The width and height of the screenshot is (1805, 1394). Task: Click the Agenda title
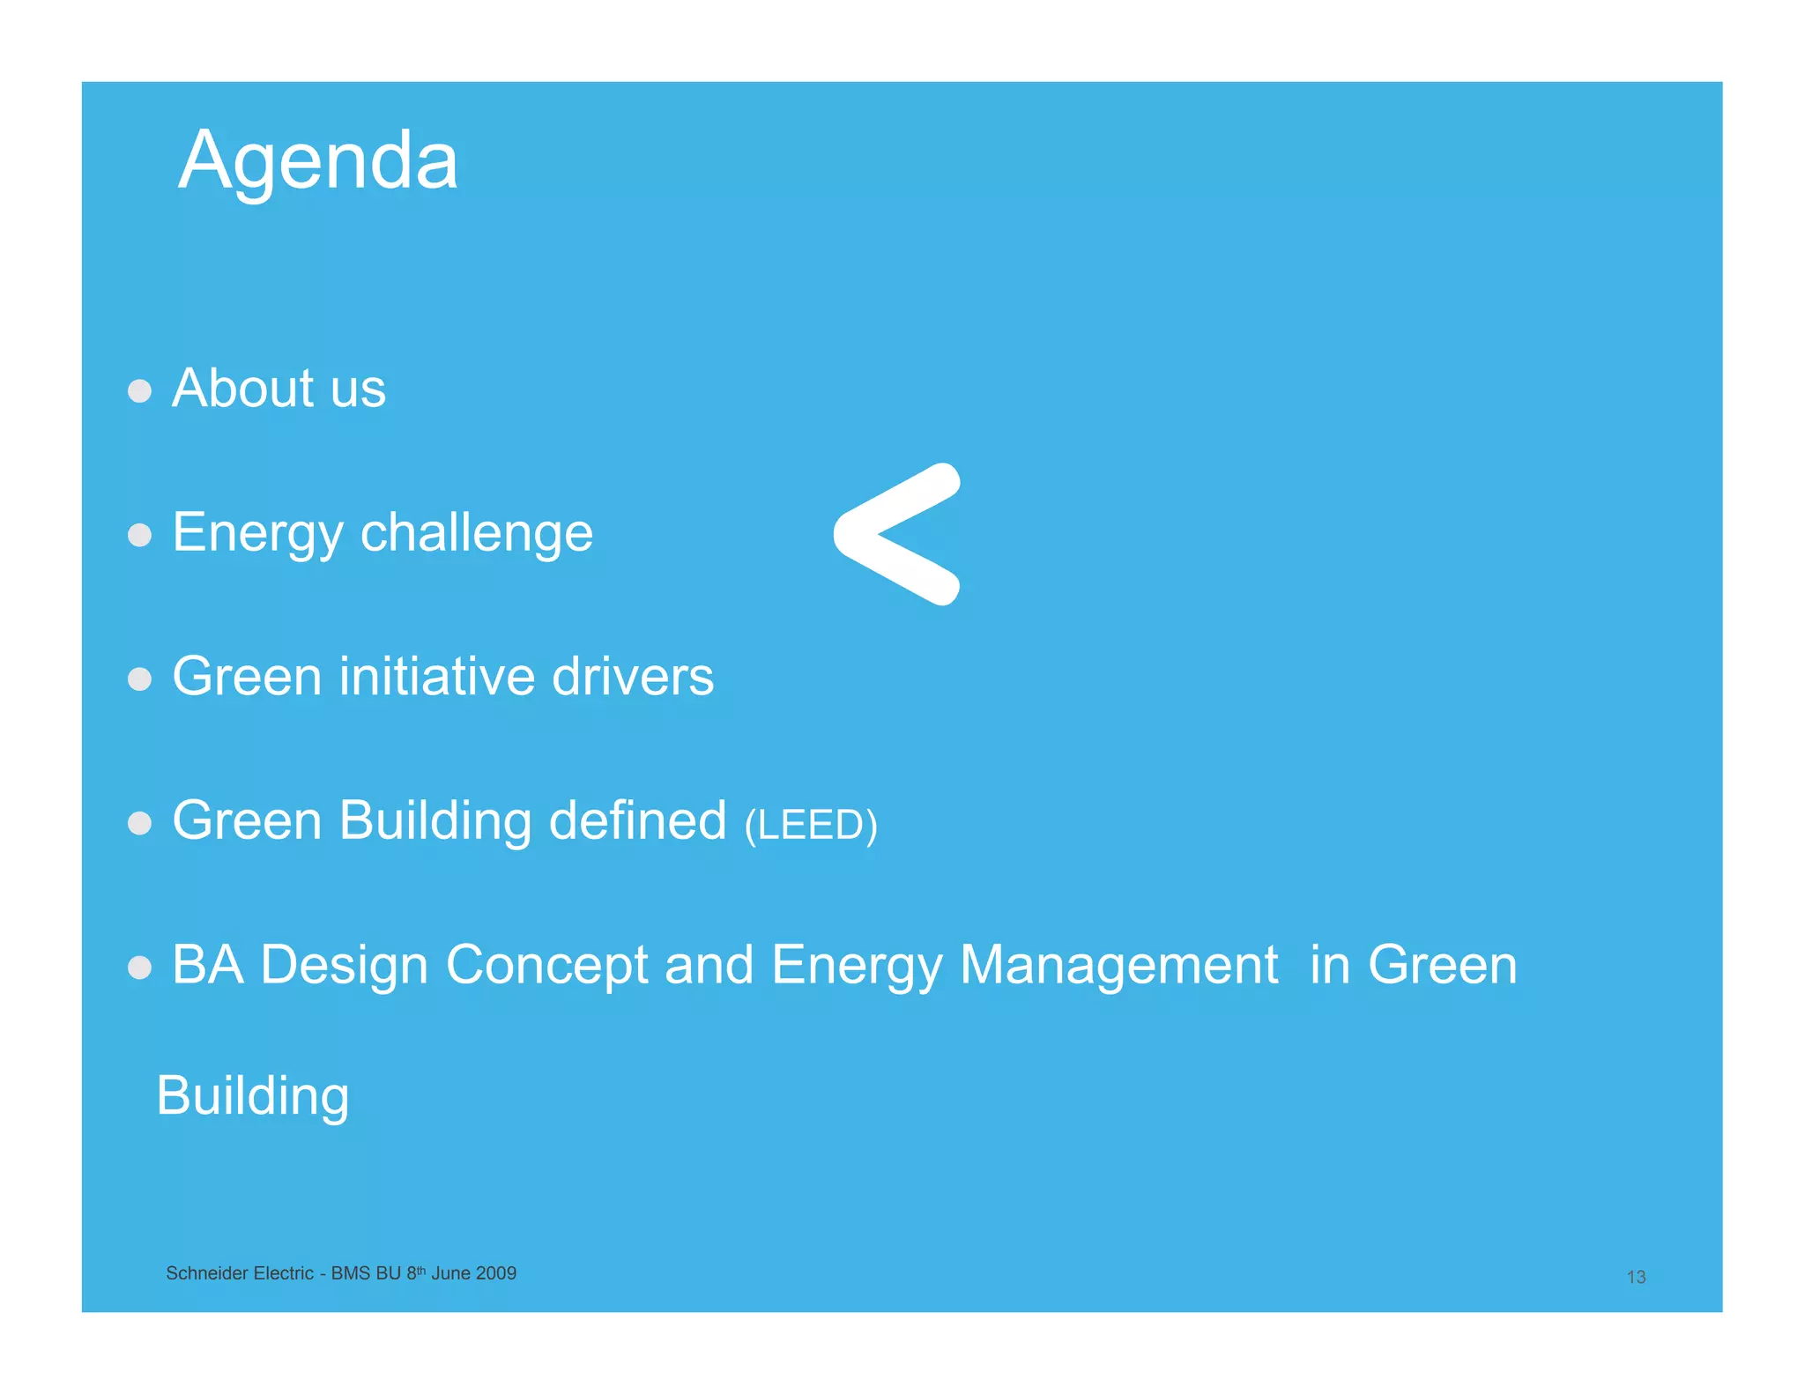click(317, 161)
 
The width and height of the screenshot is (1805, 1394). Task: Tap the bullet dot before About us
click(139, 390)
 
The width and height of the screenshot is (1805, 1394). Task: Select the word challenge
click(476, 533)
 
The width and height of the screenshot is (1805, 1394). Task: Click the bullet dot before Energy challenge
click(139, 535)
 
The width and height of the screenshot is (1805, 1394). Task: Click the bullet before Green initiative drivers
click(139, 678)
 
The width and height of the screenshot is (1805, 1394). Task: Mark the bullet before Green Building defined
click(139, 823)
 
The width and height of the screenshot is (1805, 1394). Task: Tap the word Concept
click(546, 966)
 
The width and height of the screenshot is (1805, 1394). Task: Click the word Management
click(1118, 965)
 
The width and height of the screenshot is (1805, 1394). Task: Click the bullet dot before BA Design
click(139, 968)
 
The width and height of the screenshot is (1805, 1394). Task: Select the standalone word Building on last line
click(252, 1096)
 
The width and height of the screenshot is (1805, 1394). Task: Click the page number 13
click(1636, 1277)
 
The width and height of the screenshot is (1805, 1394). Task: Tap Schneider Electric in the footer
click(240, 1273)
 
